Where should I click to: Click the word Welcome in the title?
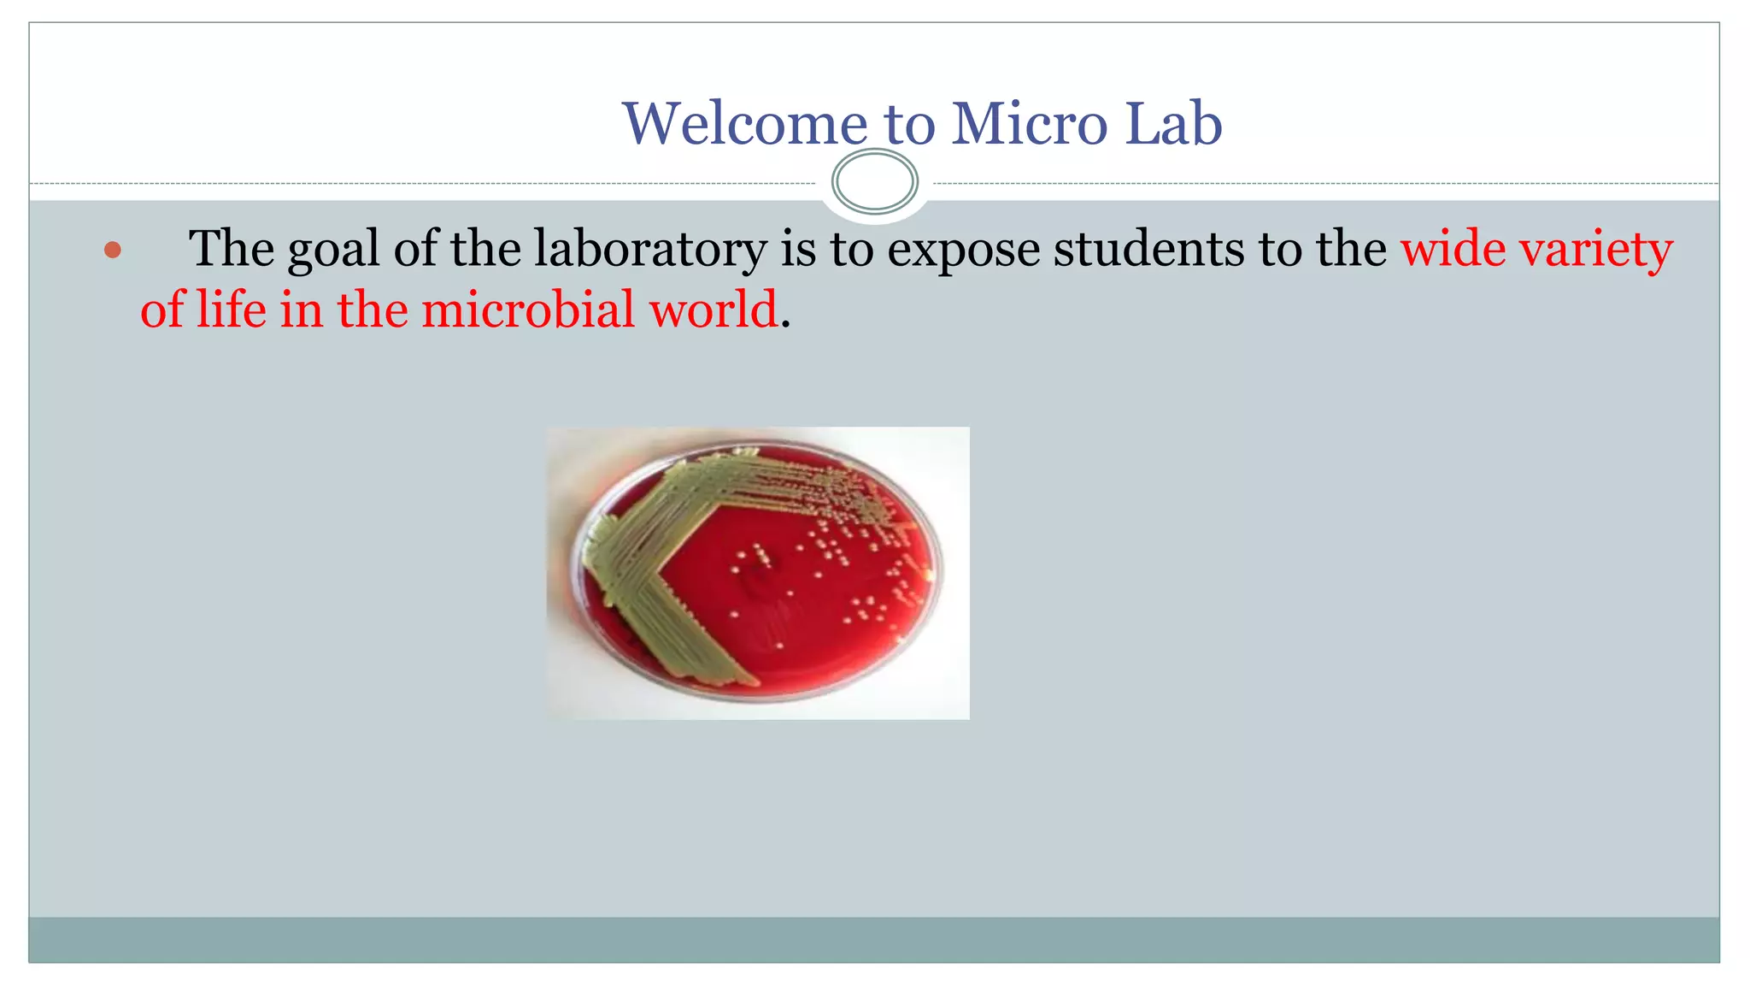[x=743, y=125]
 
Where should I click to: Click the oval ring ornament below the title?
[x=874, y=181]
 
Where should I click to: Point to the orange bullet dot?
[x=113, y=251]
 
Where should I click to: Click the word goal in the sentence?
[x=333, y=251]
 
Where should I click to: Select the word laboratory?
[x=650, y=251]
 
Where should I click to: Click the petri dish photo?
[x=758, y=573]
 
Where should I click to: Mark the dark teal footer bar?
[x=874, y=940]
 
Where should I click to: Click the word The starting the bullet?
[x=232, y=249]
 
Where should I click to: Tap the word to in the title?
[x=910, y=125]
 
